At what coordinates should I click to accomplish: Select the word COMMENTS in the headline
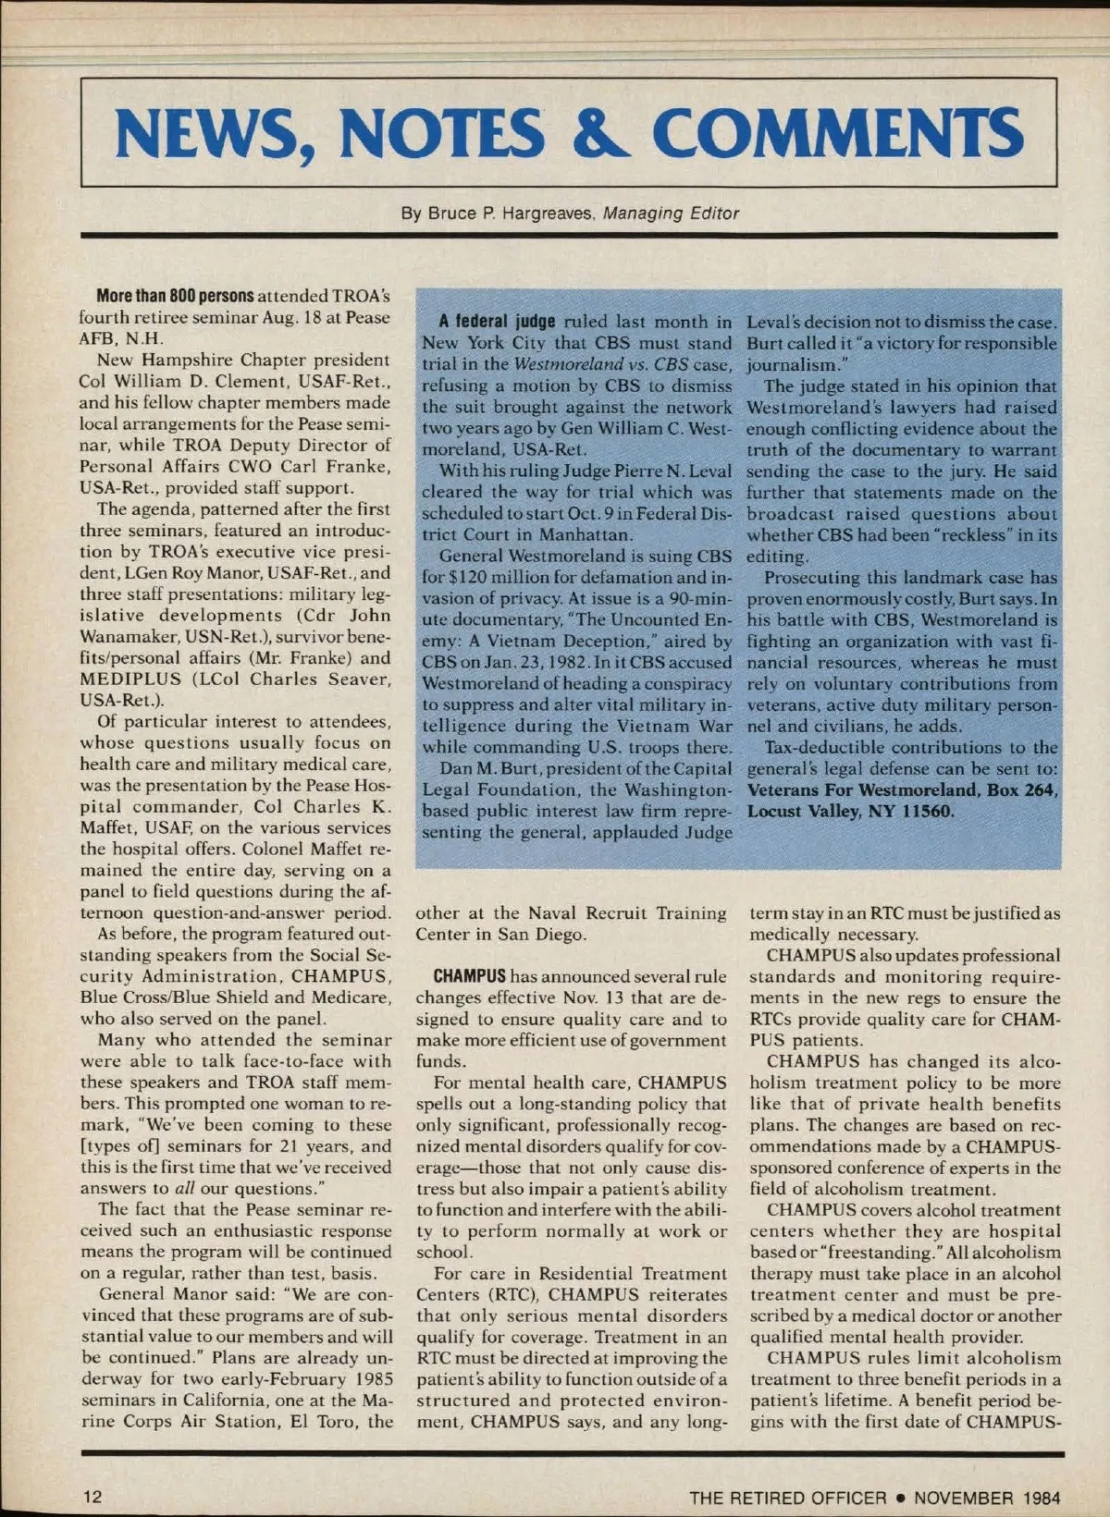click(x=837, y=132)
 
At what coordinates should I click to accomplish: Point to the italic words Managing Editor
click(x=671, y=214)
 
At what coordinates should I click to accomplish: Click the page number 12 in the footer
click(x=92, y=1497)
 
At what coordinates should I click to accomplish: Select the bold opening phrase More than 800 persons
click(x=175, y=297)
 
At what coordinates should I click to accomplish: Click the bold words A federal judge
click(x=497, y=323)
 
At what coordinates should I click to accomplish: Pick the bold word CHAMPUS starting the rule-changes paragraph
click(x=470, y=976)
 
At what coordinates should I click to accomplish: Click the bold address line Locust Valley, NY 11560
click(x=850, y=812)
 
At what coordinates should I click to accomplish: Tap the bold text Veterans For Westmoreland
click(x=862, y=790)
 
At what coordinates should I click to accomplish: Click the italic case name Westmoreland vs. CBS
click(x=601, y=365)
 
